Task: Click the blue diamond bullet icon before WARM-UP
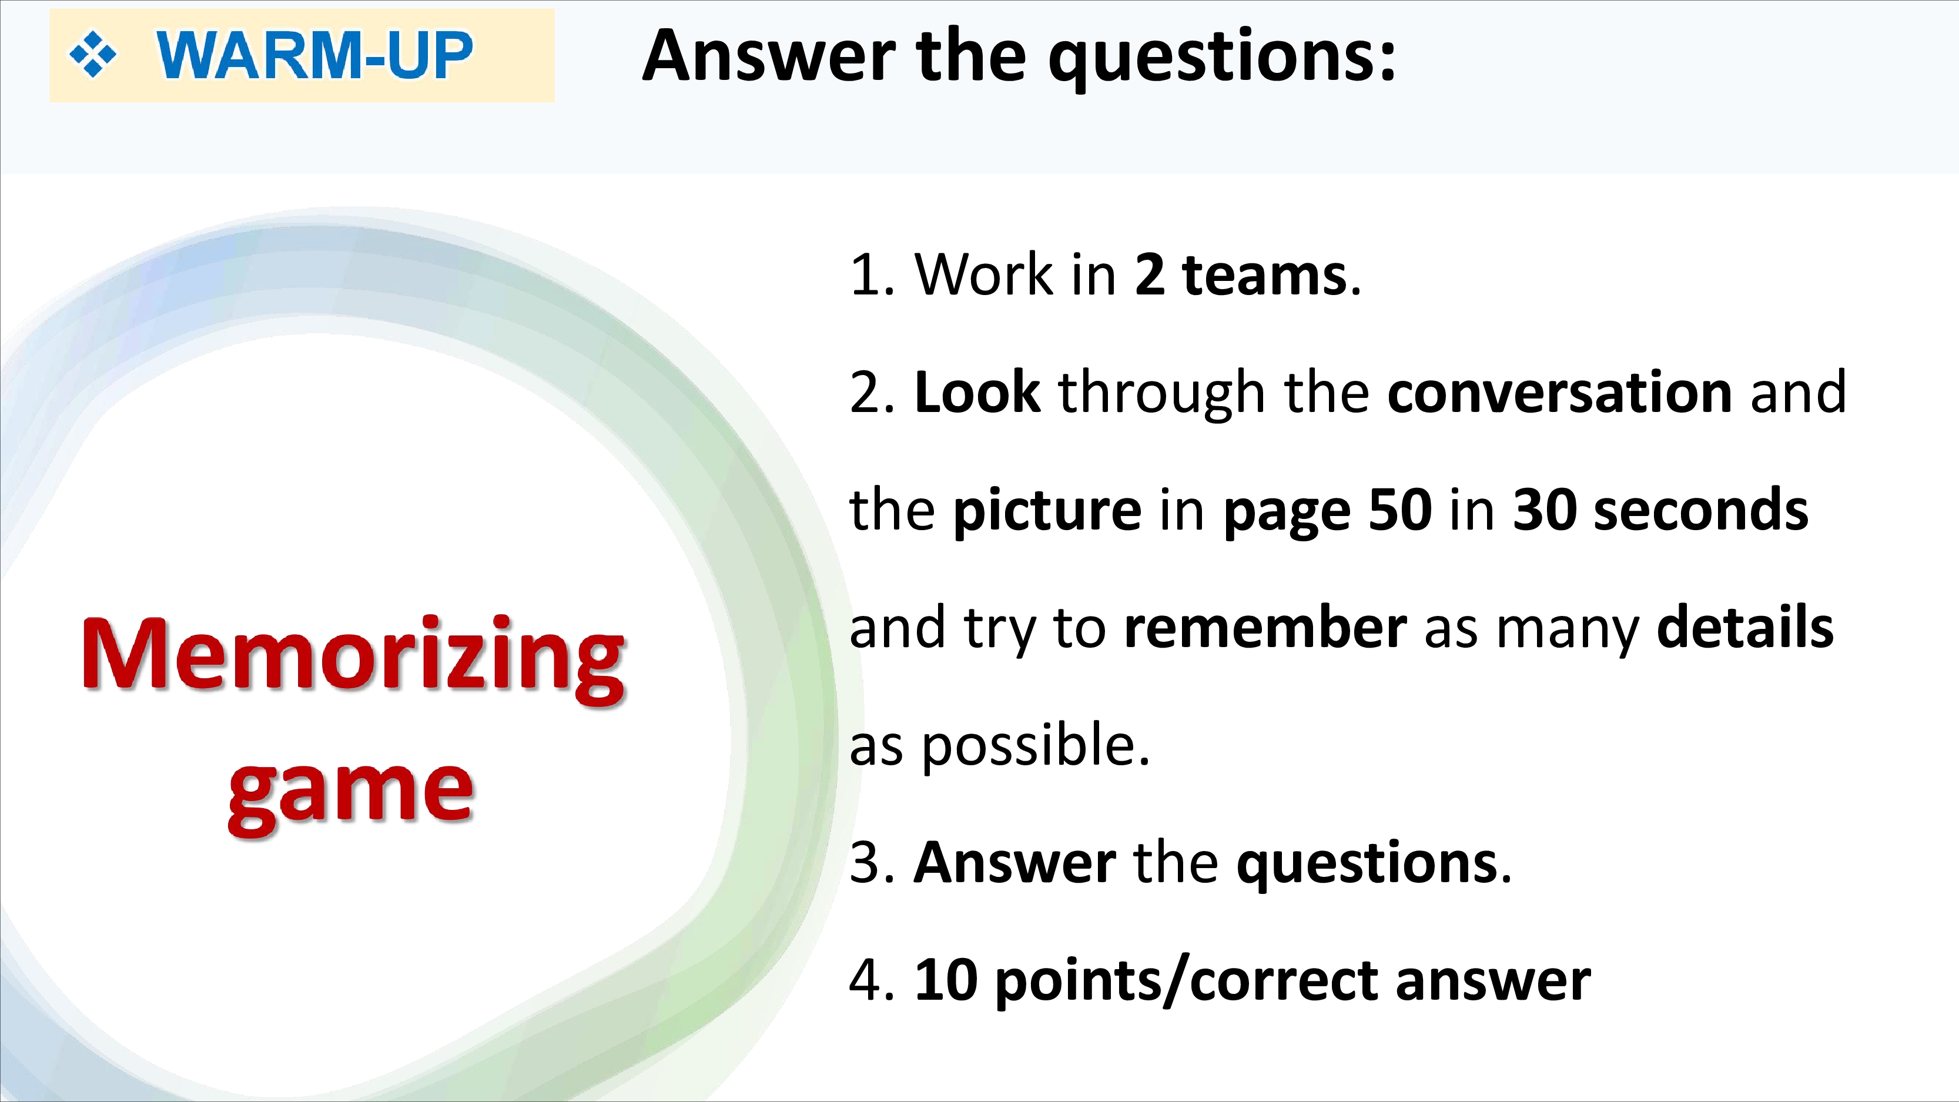tap(93, 55)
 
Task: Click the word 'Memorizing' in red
tap(353, 659)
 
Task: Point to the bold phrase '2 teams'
tap(1240, 274)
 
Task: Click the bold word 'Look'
tap(977, 393)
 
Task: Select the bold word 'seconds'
tap(1700, 510)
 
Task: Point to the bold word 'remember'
tap(1265, 628)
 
